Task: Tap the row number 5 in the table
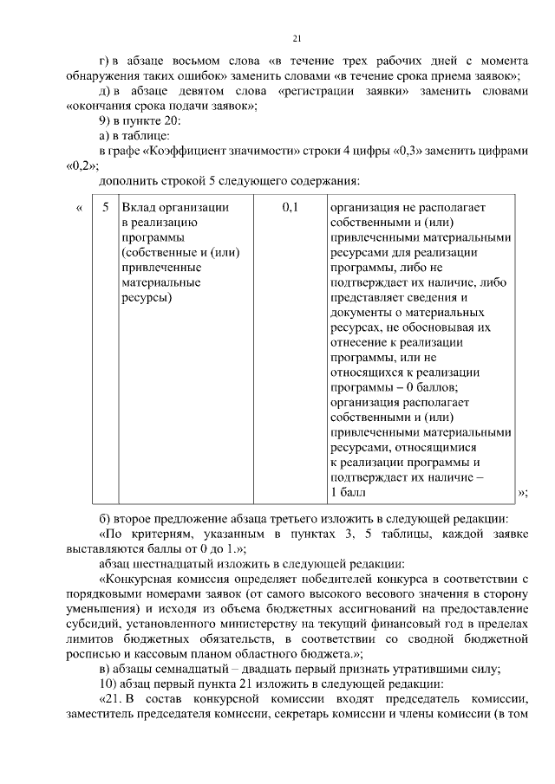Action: pos(105,208)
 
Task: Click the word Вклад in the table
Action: pos(139,208)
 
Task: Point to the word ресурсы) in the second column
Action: pos(147,298)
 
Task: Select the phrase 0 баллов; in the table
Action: pos(426,387)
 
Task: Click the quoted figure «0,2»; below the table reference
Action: pos(82,165)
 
